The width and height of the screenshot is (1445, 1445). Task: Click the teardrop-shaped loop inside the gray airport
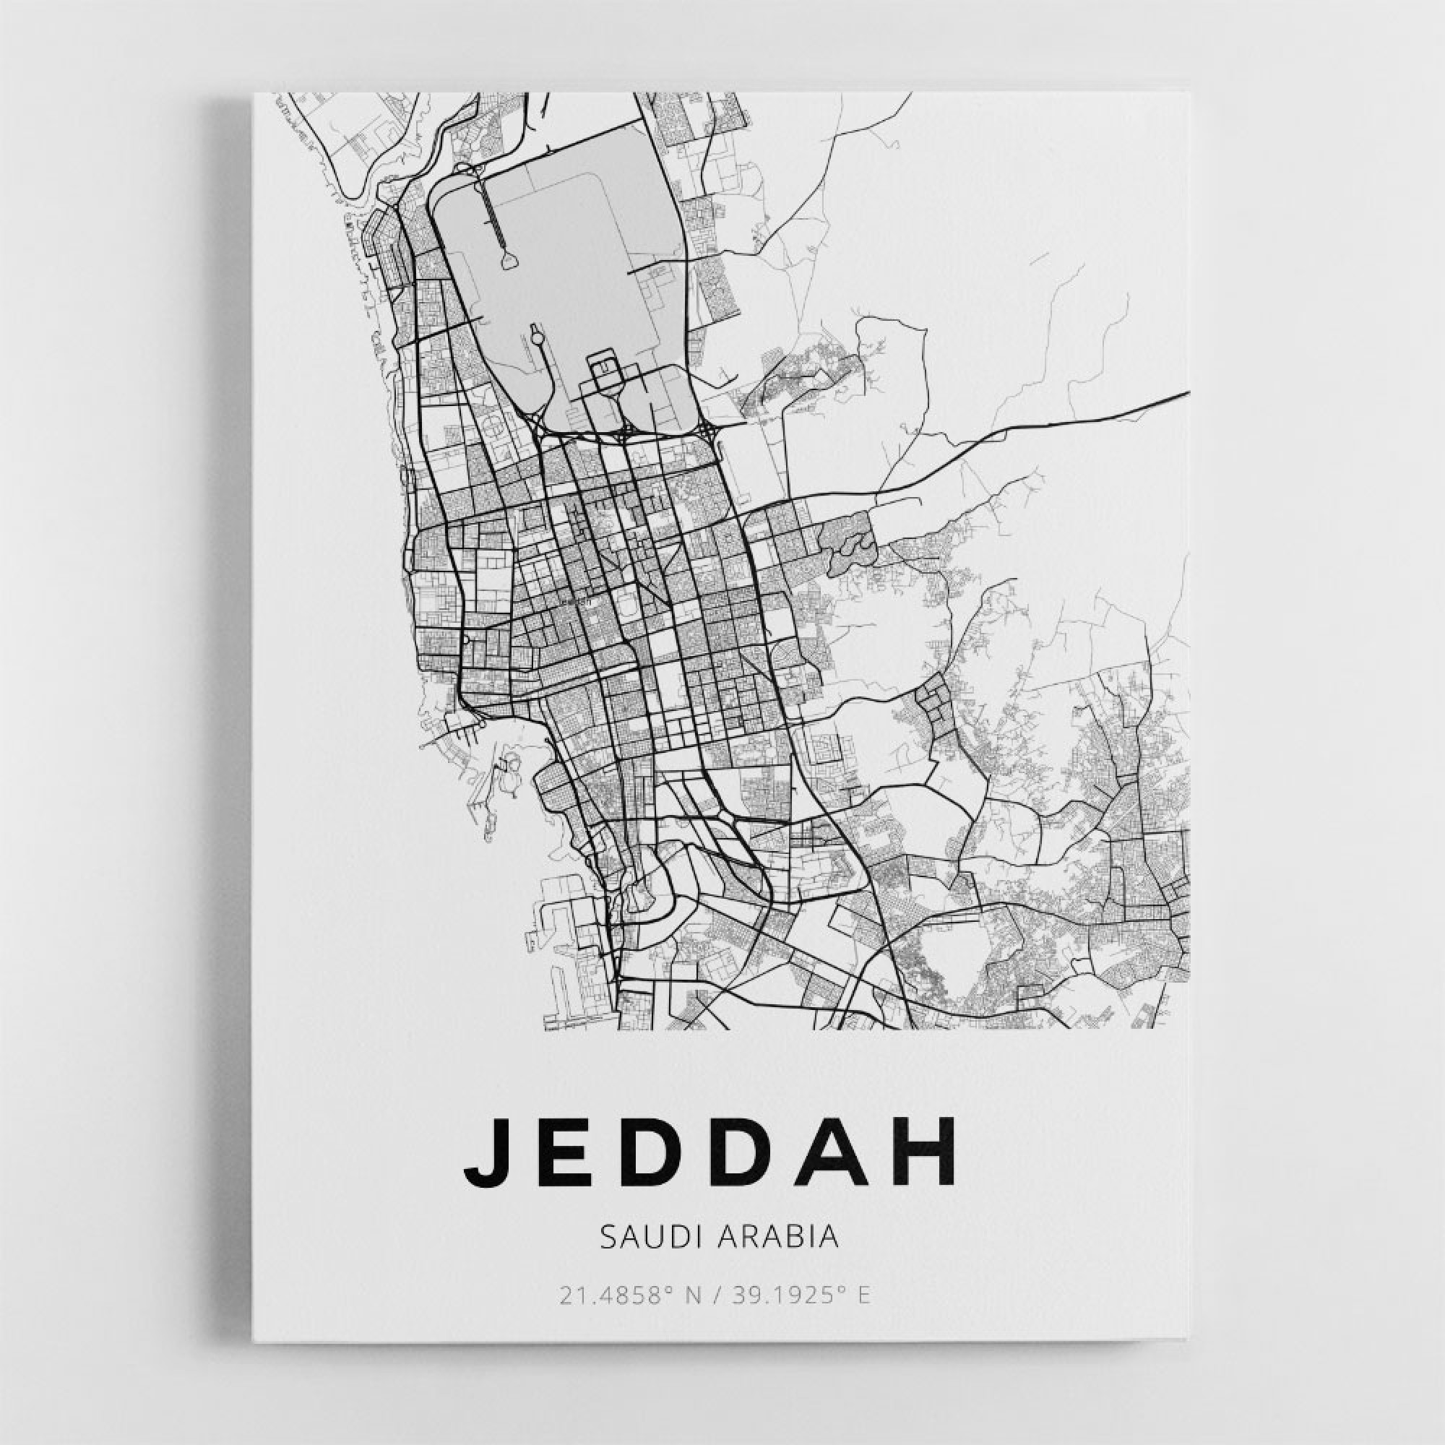pos(509,259)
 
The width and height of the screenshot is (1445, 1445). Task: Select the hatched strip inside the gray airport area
pos(493,213)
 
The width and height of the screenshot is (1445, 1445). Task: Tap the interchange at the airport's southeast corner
pos(707,430)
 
